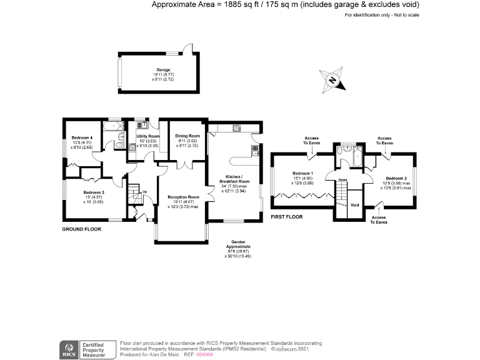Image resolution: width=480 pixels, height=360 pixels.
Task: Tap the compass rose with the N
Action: point(333,80)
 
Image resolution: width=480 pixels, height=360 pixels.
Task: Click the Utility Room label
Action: point(148,136)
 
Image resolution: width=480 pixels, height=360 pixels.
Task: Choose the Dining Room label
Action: point(187,136)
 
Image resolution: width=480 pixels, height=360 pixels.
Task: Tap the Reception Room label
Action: point(183,197)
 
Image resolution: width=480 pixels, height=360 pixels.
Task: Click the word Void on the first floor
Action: point(354,204)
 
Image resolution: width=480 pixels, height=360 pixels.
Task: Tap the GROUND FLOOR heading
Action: point(81,229)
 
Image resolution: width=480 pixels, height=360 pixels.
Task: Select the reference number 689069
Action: point(205,354)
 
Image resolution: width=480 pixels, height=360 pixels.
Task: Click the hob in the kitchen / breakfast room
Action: point(237,129)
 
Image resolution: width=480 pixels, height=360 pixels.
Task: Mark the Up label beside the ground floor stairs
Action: point(145,192)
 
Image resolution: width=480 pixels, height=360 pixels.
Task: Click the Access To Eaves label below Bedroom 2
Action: point(379,219)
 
